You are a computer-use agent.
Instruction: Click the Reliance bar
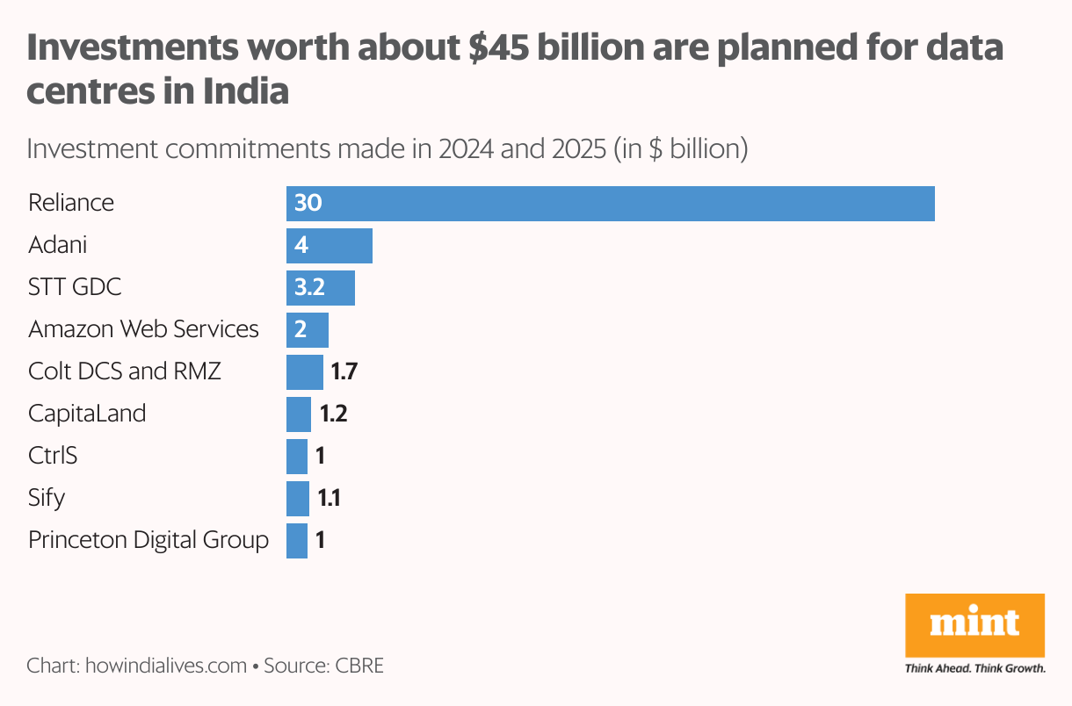[610, 203]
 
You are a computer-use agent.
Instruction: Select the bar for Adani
[330, 245]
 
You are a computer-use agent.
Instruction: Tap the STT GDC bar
[321, 287]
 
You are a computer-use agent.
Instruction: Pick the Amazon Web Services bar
[308, 329]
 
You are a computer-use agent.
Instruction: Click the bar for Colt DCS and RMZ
[305, 371]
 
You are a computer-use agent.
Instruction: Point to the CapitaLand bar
[299, 414]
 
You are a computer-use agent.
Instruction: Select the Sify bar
[298, 498]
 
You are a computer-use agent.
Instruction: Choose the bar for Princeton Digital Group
[297, 540]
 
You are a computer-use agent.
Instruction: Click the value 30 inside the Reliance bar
[308, 203]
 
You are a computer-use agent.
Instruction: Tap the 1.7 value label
[344, 371]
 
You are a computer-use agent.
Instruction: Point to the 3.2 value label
[312, 287]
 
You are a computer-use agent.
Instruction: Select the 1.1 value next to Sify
[329, 499]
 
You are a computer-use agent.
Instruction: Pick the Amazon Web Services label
[143, 329]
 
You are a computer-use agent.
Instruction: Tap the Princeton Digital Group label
[148, 539]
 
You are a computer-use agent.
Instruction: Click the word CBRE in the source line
[359, 665]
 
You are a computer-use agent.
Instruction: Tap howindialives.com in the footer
[165, 665]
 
